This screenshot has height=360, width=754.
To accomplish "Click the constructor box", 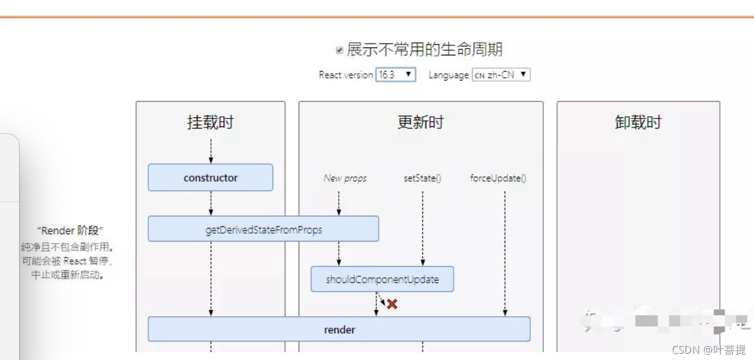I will pyautogui.click(x=210, y=178).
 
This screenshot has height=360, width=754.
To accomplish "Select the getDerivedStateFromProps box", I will pyautogui.click(x=263, y=229).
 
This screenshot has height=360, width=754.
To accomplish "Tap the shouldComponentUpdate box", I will pyautogui.click(x=382, y=279).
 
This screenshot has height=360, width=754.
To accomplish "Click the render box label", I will pyautogui.click(x=339, y=329).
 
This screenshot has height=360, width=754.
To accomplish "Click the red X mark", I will pyautogui.click(x=392, y=304).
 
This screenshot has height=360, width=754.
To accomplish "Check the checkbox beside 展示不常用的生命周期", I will pyautogui.click(x=339, y=50).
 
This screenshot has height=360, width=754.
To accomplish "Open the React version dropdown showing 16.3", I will pyautogui.click(x=395, y=74).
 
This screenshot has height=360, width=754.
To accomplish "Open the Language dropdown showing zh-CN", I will pyautogui.click(x=501, y=74).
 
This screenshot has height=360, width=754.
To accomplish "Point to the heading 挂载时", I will pyautogui.click(x=210, y=122).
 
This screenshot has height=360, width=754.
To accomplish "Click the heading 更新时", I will pyautogui.click(x=420, y=122).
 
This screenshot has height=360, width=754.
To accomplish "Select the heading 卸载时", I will pyautogui.click(x=638, y=122).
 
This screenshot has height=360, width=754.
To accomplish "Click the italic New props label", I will pyautogui.click(x=345, y=178).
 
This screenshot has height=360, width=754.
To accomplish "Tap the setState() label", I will pyautogui.click(x=422, y=178).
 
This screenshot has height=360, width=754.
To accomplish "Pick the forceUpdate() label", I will pyautogui.click(x=498, y=178).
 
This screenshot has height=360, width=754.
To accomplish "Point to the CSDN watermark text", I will pyautogui.click(x=708, y=350).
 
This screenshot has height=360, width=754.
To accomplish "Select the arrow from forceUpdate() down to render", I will pyautogui.click(x=505, y=252).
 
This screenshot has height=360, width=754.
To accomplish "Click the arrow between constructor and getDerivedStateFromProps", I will pyautogui.click(x=211, y=203).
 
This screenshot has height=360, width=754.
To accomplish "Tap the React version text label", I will pyautogui.click(x=346, y=75).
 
